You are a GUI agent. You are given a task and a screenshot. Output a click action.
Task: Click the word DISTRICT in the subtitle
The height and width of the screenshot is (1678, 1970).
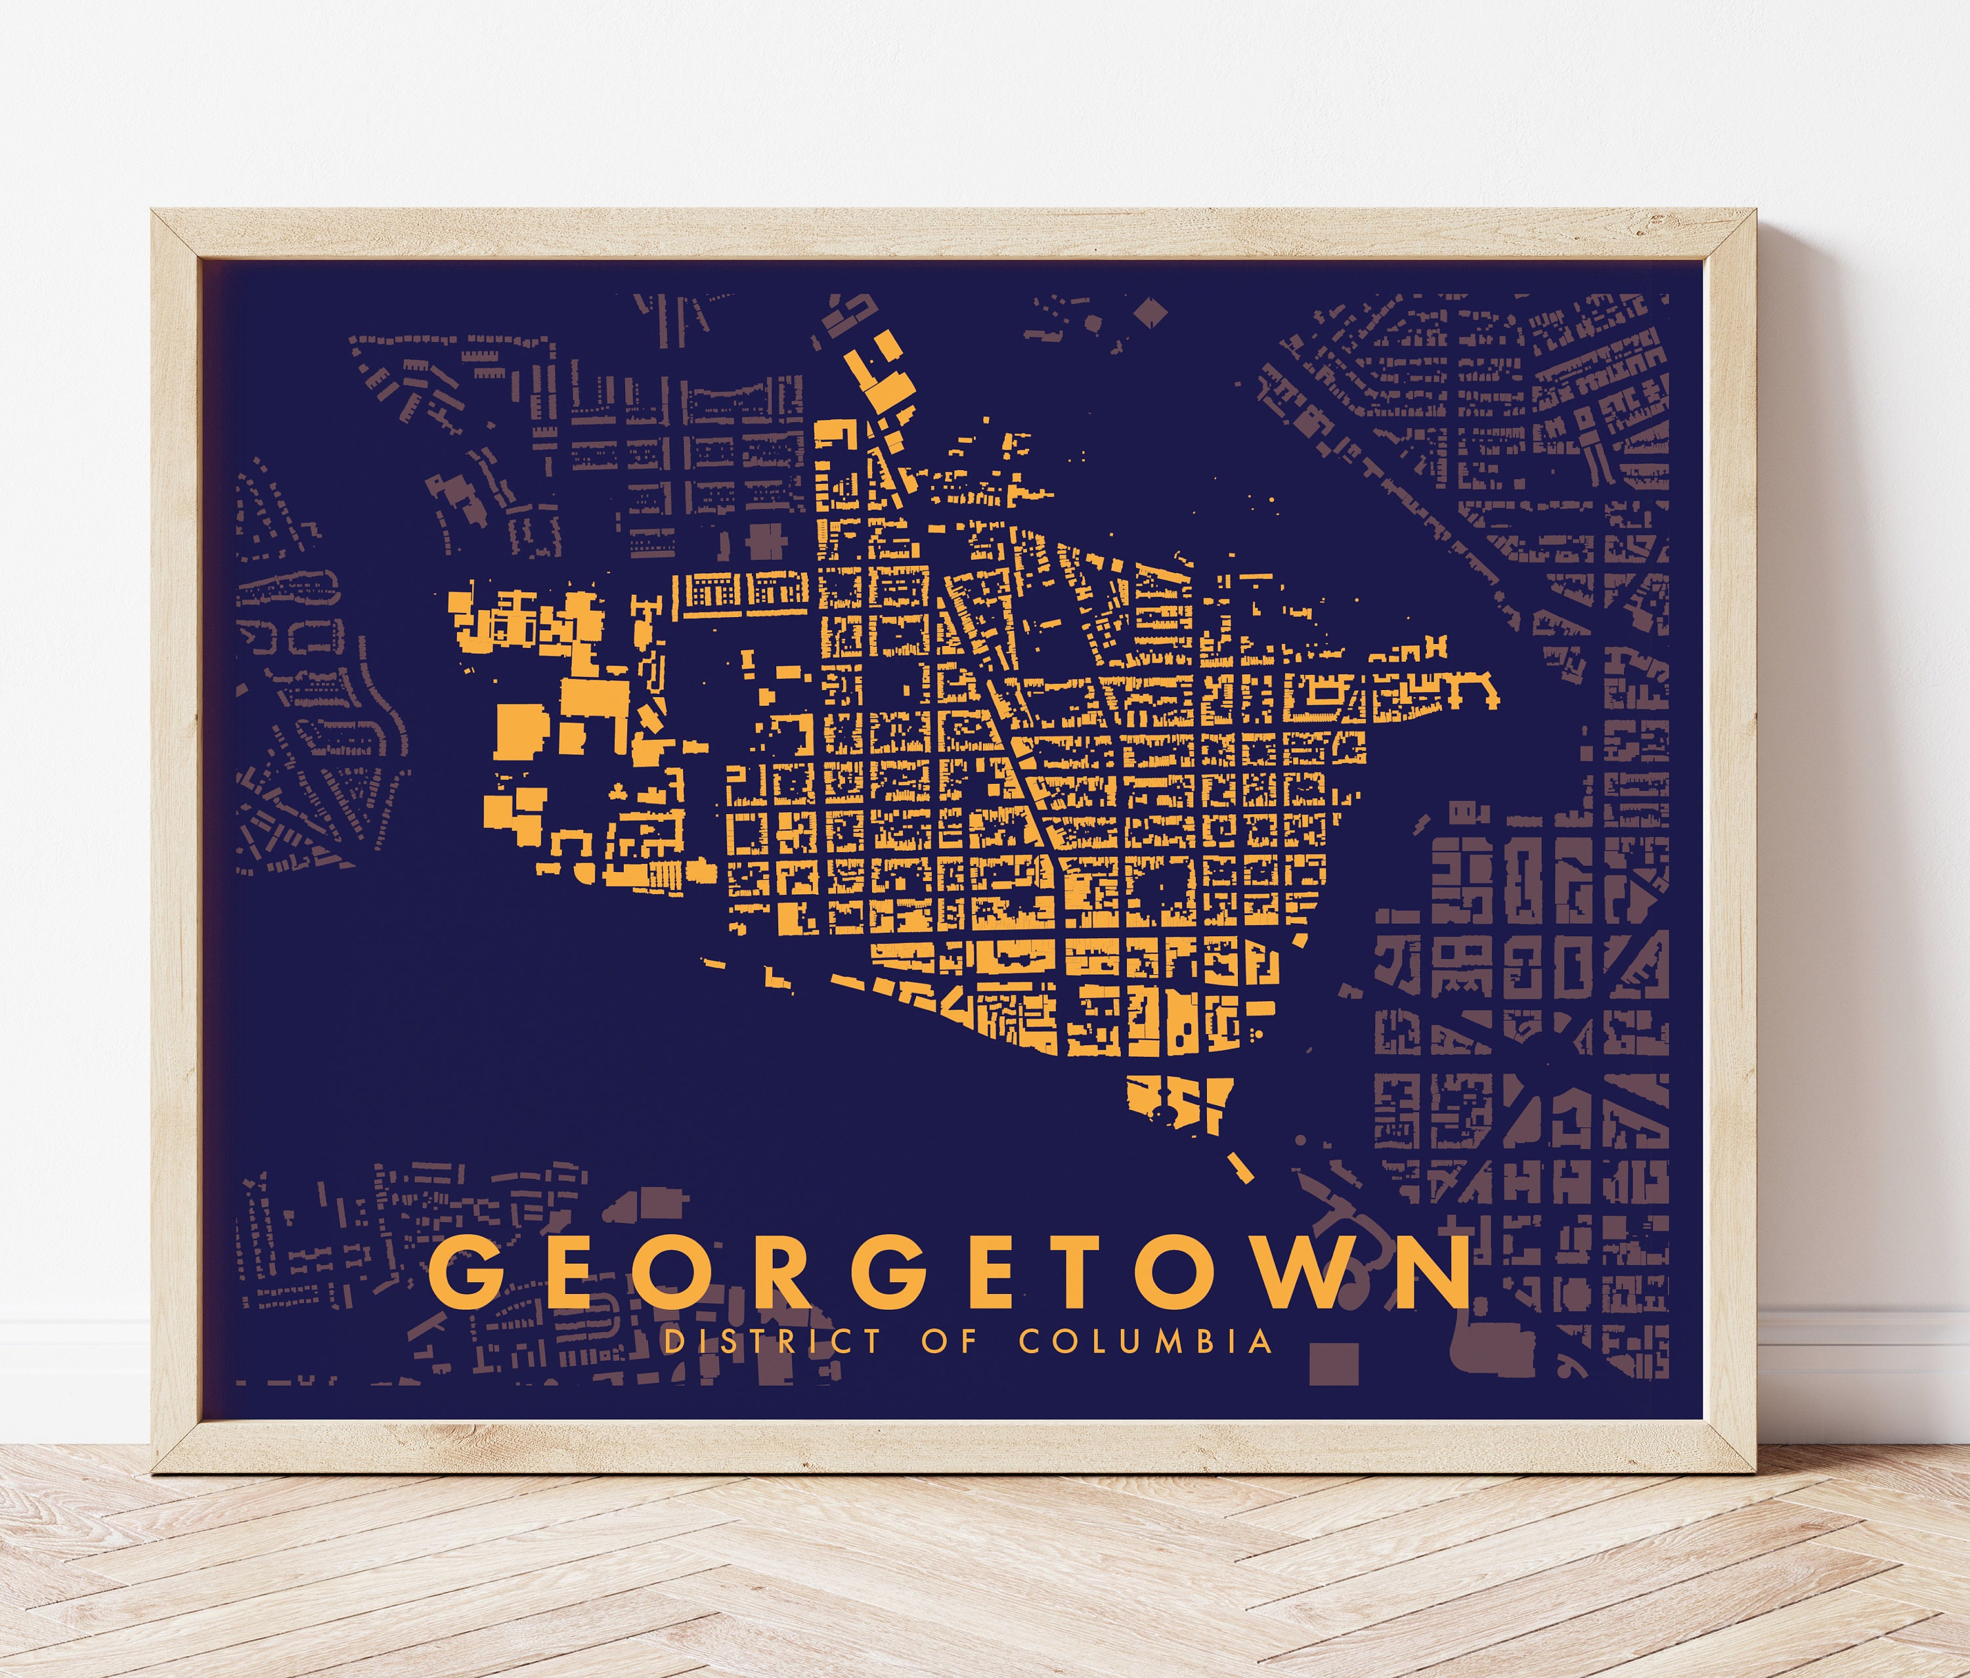click(772, 1341)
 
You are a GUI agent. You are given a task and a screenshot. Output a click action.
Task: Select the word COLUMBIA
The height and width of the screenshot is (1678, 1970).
click(1146, 1341)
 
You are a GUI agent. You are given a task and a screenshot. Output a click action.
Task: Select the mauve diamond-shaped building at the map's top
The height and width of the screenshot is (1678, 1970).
click(1149, 312)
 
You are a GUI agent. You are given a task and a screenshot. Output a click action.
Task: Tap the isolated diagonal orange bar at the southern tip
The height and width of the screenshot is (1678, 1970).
click(1240, 1167)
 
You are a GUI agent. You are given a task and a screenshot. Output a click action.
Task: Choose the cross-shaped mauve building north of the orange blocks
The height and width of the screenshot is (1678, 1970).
click(766, 541)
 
